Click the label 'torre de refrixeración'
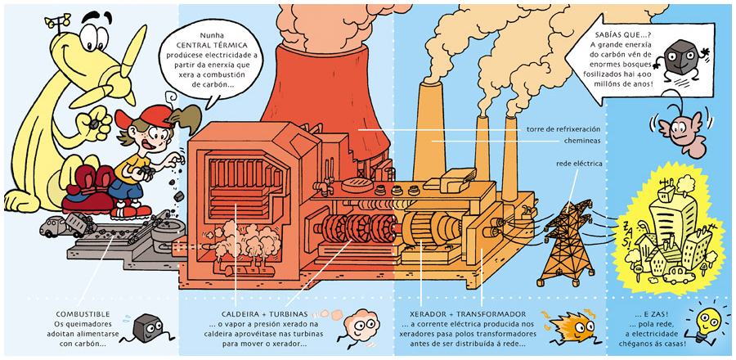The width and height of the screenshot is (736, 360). (563, 129)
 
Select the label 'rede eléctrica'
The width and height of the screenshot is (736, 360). (579, 164)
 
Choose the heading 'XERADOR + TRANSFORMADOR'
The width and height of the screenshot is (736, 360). (456, 314)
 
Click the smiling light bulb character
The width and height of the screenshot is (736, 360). (705, 321)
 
